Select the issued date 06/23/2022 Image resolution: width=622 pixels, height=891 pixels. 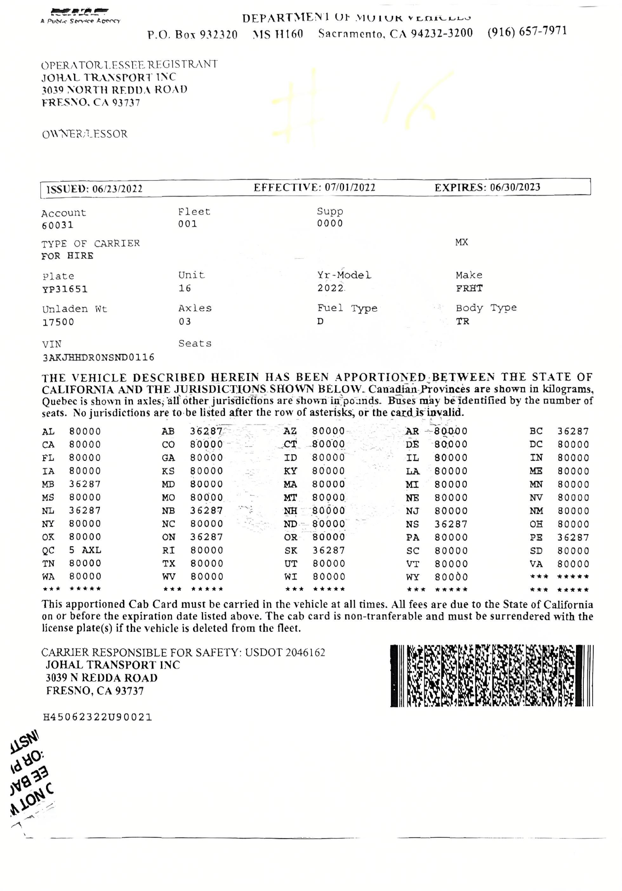pyautogui.click(x=117, y=189)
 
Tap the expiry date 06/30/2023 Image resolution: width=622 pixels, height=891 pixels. pyautogui.click(x=515, y=188)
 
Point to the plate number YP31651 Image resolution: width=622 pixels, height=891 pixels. pyautogui.click(x=65, y=289)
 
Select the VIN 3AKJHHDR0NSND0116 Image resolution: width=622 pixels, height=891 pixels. pyautogui.click(x=98, y=357)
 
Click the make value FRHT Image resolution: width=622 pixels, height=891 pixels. pyautogui.click(x=469, y=288)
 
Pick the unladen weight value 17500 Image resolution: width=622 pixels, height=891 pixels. pyautogui.click(x=58, y=322)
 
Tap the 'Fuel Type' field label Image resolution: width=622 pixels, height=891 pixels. pyautogui.click(x=347, y=308)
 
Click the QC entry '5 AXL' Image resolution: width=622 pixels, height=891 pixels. pyautogui.click(x=85, y=550)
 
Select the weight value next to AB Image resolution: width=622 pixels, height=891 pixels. pyautogui.click(x=206, y=431)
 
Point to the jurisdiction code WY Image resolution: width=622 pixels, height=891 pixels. pyautogui.click(x=413, y=577)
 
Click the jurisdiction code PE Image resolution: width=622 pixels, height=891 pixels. pyautogui.click(x=536, y=538)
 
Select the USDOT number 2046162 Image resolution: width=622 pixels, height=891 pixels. pyautogui.click(x=305, y=652)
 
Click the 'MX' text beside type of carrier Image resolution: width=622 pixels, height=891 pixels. pyautogui.click(x=461, y=242)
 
